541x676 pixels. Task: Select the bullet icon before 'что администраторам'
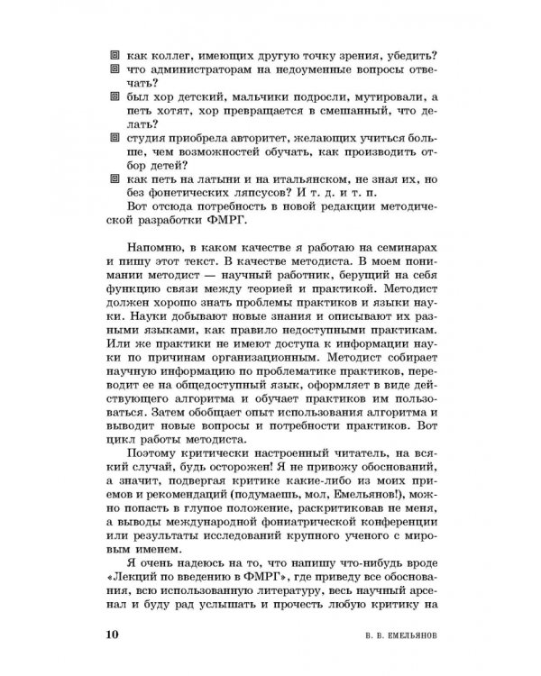(x=114, y=69)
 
